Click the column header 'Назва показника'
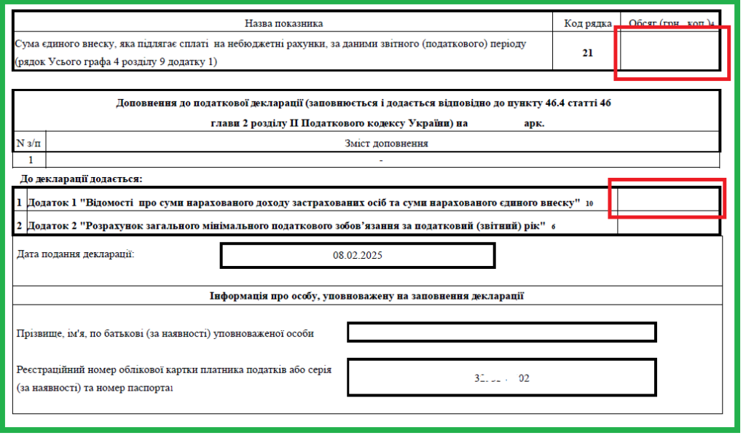pos(283,23)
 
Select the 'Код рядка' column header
pos(587,23)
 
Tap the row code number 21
pos(587,52)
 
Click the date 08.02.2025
pos(357,256)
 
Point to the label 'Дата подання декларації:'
pos(75,254)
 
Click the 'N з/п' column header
pos(29,143)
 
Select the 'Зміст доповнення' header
pos(386,143)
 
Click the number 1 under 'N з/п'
pos(30,159)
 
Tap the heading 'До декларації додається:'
pos(81,179)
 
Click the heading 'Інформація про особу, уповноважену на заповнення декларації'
pos(366,296)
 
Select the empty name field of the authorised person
pos(502,332)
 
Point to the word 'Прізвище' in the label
pos(39,334)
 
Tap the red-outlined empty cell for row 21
pos(670,52)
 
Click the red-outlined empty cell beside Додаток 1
pos(667,200)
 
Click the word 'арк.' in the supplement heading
pos(534,123)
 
